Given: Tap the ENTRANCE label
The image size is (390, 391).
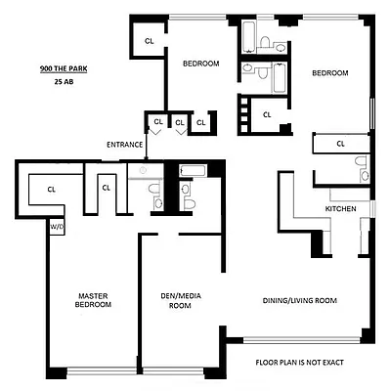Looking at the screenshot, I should pyautogui.click(x=125, y=145).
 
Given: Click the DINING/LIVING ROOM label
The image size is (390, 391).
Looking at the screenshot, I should pyautogui.click(x=298, y=301).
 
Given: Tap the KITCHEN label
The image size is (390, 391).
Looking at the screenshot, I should pyautogui.click(x=340, y=210).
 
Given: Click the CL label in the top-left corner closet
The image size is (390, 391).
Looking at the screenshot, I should pyautogui.click(x=149, y=41).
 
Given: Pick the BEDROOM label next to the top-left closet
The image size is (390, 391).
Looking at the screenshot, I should pyautogui.click(x=200, y=64).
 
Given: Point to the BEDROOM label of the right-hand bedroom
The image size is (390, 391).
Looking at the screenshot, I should pyautogui.click(x=330, y=73).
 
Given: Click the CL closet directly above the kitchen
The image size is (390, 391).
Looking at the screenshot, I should pyautogui.click(x=340, y=144).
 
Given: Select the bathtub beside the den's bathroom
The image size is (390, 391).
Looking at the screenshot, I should pyautogui.click(x=193, y=172).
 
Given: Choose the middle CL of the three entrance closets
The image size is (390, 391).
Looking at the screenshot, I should pyautogui.click(x=178, y=122).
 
